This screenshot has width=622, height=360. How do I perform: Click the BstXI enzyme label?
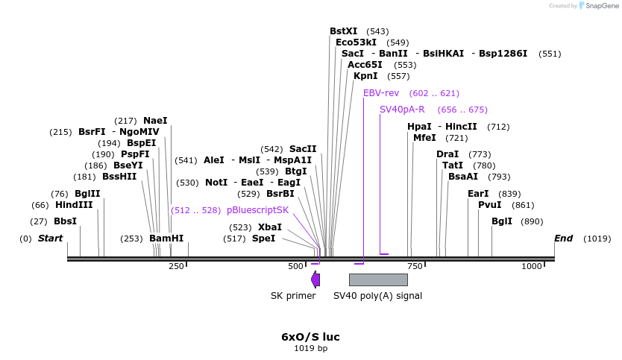[344, 31]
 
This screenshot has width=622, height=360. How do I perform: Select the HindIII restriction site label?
[74, 205]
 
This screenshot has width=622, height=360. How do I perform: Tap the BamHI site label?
[166, 239]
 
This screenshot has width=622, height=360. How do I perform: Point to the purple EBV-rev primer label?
[381, 93]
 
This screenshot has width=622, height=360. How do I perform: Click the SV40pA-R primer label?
[403, 110]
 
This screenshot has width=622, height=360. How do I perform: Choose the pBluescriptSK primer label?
[257, 210]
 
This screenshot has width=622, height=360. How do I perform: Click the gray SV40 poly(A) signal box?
[378, 280]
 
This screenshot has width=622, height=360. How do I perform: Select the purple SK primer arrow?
[315, 280]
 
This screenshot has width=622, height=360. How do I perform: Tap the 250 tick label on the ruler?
[176, 266]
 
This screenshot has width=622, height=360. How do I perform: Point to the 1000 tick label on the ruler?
[532, 266]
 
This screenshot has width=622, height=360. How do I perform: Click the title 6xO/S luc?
[310, 337]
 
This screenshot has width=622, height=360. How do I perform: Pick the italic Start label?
[51, 239]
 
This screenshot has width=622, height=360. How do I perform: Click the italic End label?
[563, 239]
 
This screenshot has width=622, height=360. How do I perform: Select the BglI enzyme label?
[502, 221]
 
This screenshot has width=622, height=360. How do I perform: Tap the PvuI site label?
[490, 205]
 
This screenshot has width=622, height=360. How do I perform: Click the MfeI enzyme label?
[424, 138]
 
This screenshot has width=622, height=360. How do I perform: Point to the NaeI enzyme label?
[155, 121]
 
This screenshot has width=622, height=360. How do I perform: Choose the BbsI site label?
[65, 221]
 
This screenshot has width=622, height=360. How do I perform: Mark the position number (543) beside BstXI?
[378, 31]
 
